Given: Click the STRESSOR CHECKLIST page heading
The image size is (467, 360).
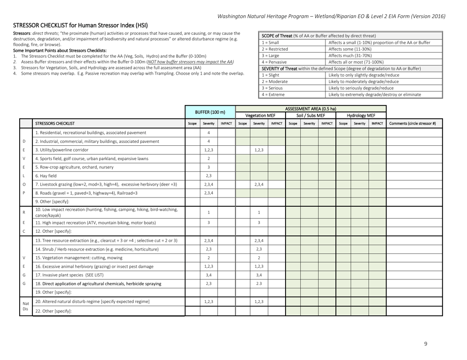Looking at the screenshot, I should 77,25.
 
